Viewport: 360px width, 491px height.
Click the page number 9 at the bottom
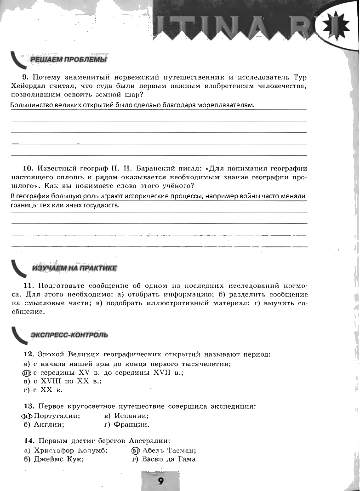coord(160,481)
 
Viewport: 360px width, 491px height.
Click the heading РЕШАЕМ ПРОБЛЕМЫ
coord(68,60)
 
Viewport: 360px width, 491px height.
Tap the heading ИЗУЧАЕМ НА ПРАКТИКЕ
coord(74,268)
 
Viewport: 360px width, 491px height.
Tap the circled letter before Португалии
coord(27,416)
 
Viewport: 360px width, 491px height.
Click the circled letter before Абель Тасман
coord(135,451)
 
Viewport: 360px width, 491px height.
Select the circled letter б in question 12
coord(27,372)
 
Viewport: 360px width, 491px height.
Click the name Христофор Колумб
coord(70,451)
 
